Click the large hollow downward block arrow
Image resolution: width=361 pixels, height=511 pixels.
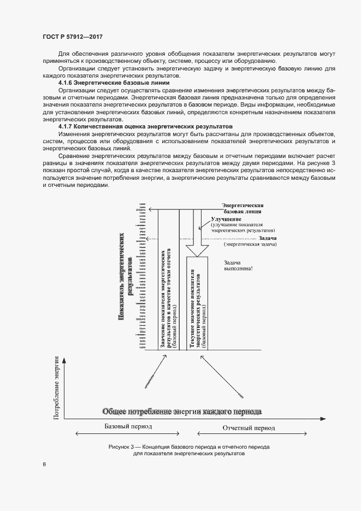(x=197, y=236)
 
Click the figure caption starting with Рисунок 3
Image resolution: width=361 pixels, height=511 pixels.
(x=181, y=450)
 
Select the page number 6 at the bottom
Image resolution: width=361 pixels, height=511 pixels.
(x=44, y=465)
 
